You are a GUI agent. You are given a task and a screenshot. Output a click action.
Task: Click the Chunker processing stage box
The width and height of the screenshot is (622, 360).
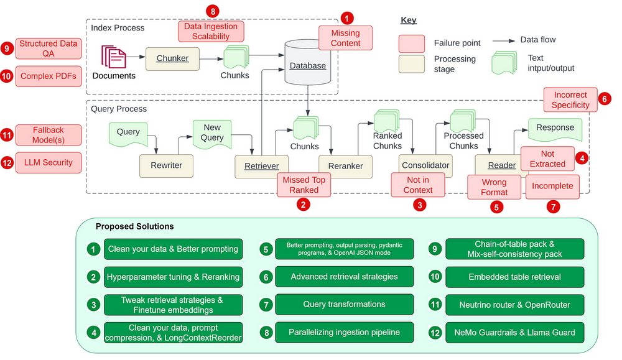pyautogui.click(x=172, y=58)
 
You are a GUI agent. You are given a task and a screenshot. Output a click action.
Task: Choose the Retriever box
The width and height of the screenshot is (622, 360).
pyautogui.click(x=261, y=166)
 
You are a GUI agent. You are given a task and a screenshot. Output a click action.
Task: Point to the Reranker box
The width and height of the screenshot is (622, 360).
pyautogui.click(x=341, y=166)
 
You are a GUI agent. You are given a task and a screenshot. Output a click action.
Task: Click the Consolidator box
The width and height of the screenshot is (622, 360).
pyautogui.click(x=425, y=165)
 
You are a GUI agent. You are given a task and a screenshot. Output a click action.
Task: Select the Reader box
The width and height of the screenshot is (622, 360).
pyautogui.click(x=501, y=165)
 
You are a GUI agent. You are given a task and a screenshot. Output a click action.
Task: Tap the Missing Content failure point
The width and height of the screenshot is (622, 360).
pyautogui.click(x=345, y=38)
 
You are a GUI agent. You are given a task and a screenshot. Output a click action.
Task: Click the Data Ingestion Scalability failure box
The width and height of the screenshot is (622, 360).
pyautogui.click(x=210, y=31)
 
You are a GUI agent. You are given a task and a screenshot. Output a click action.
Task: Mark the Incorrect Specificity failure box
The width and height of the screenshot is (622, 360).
pyautogui.click(x=570, y=99)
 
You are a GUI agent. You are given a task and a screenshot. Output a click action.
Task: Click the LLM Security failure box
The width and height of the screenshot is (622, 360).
pyautogui.click(x=49, y=163)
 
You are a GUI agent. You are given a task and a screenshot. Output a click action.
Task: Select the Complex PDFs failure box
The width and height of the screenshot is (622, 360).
pyautogui.click(x=49, y=76)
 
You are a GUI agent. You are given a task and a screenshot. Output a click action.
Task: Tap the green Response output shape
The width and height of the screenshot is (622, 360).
pyautogui.click(x=555, y=129)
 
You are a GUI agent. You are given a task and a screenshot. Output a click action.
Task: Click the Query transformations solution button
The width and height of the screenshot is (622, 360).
pyautogui.click(x=344, y=305)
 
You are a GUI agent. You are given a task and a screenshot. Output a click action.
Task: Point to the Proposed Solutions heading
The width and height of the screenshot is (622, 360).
pyautogui.click(x=134, y=226)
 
